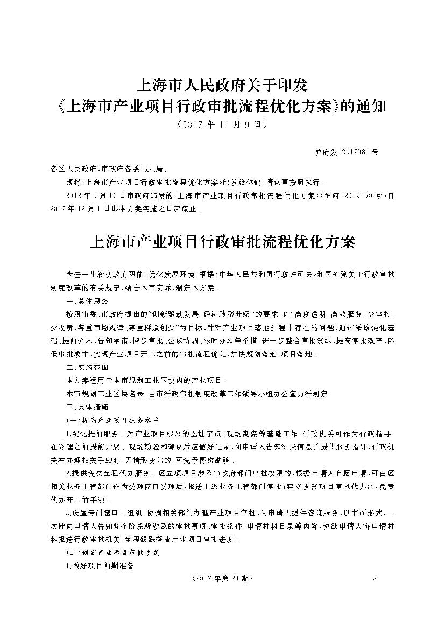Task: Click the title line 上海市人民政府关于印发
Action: (222, 85)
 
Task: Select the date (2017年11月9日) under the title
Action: (222, 124)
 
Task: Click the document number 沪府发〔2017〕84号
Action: (346, 152)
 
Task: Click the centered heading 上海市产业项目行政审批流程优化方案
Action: (222, 242)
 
